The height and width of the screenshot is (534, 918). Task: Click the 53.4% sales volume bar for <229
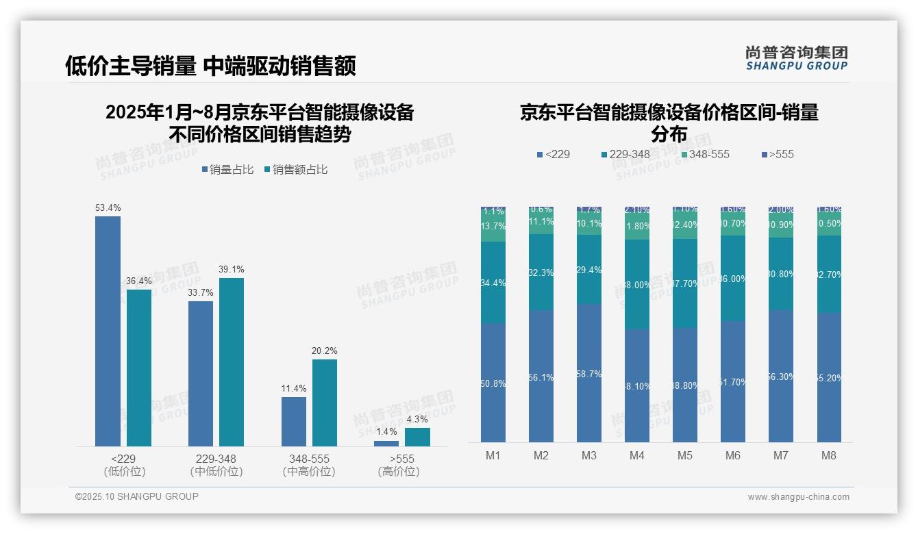(x=108, y=331)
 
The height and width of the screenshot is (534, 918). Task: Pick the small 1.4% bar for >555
(x=386, y=444)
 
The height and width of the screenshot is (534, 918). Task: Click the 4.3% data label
(x=417, y=419)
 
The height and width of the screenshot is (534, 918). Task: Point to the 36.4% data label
(x=139, y=281)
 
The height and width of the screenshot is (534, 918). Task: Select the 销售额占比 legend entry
(x=295, y=170)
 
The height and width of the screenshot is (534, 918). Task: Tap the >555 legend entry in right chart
(x=777, y=154)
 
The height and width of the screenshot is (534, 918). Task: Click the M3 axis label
(x=589, y=455)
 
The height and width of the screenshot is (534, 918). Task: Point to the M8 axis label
(x=829, y=455)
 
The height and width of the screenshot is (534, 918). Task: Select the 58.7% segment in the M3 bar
(x=589, y=373)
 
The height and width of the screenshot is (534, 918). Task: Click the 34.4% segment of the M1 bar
(x=493, y=282)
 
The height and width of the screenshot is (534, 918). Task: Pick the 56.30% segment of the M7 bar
(x=781, y=376)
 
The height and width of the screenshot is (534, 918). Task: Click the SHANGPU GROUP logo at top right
(x=796, y=58)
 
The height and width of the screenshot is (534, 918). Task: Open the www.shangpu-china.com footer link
(x=798, y=497)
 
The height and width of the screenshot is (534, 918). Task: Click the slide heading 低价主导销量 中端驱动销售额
(x=210, y=66)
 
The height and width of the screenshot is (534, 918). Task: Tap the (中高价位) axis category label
(x=309, y=472)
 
